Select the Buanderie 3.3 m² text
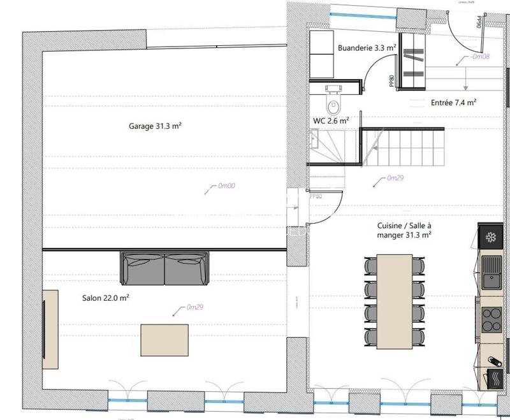click(x=367, y=47)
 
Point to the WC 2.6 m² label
click(x=330, y=120)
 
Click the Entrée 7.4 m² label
click(x=454, y=102)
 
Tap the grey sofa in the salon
click(x=164, y=268)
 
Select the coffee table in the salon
click(x=164, y=341)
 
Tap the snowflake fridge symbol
click(x=492, y=238)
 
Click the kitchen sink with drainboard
click(x=492, y=275)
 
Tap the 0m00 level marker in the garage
click(x=226, y=186)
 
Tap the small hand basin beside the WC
click(x=314, y=137)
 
